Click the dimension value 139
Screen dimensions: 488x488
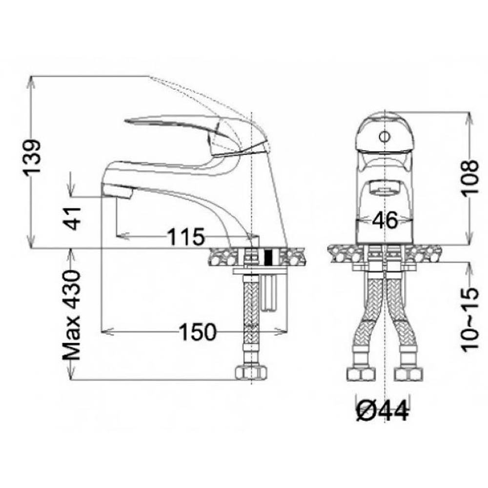pos(33,158)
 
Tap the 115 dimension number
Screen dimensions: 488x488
pos(186,237)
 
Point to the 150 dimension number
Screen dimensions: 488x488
pos(198,331)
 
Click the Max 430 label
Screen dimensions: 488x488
pos(72,315)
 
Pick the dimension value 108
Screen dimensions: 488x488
pos(469,178)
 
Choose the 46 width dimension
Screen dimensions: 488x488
pos(385,220)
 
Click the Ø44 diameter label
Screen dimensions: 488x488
pos(382,411)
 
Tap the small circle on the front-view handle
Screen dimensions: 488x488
pos(385,136)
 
